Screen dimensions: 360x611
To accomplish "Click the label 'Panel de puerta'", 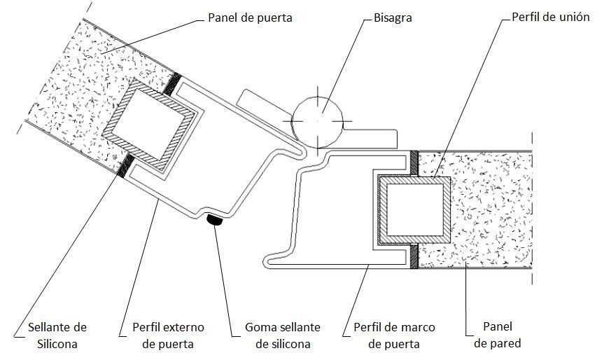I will click(250, 18).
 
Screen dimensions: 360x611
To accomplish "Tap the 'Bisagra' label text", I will click(392, 18).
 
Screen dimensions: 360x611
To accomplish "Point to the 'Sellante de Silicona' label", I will click(57, 335).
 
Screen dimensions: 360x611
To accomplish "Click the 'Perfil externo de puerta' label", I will click(167, 335).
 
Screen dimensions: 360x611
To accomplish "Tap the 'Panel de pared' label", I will click(497, 335).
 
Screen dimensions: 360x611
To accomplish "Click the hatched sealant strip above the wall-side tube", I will click(414, 163).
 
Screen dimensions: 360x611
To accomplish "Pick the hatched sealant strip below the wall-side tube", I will click(414, 257).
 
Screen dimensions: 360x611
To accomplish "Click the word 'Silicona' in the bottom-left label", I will click(57, 344).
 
